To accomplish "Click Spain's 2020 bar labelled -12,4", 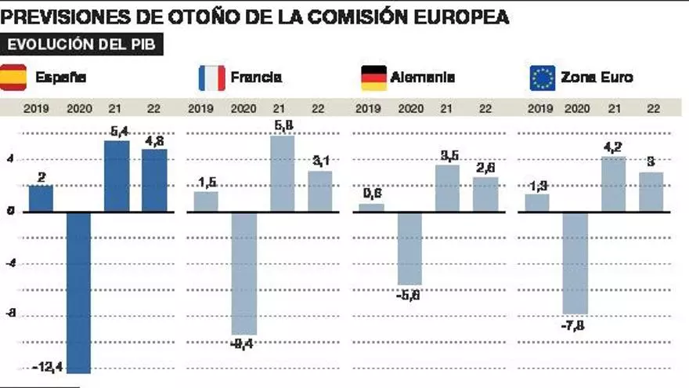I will (79, 292).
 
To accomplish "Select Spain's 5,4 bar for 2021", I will (117, 176).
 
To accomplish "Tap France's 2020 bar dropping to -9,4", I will (243, 273).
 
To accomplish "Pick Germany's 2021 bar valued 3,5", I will (447, 188).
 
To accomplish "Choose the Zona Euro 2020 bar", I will (575, 262).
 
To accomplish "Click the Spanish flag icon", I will (13, 78).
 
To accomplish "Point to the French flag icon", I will (212, 78).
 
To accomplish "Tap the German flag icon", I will (373, 78).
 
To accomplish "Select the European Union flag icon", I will (542, 78).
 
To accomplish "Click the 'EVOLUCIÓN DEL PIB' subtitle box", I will (83, 45).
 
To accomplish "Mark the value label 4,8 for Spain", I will (154, 142).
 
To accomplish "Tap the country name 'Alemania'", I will (423, 78).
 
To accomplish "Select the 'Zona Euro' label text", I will (597, 78).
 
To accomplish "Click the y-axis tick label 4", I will (11, 159).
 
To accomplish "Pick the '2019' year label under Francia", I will (202, 108).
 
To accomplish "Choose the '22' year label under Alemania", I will (485, 108).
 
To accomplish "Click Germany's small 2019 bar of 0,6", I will (371, 208).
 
